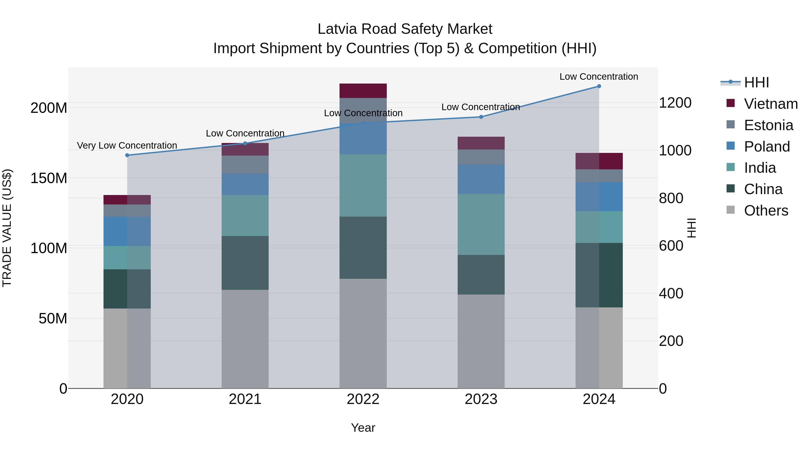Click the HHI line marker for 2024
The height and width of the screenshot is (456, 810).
[599, 86]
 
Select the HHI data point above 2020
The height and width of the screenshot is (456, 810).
[127, 155]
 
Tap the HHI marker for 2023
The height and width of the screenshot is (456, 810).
[481, 117]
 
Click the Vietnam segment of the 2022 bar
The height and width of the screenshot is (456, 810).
[363, 91]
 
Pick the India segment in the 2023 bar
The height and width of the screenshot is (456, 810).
[481, 224]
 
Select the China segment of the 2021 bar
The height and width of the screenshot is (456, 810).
[245, 263]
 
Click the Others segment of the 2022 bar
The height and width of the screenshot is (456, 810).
[363, 333]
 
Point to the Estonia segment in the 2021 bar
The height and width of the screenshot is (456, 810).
[245, 165]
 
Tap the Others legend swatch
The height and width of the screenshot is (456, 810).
[730, 210]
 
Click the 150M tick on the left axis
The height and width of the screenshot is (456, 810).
[49, 178]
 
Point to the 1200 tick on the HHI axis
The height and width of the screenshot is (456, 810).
[675, 103]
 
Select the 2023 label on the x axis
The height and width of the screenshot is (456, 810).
[481, 399]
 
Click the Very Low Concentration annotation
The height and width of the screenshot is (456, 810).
[127, 145]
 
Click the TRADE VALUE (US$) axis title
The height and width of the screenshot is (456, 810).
[7, 228]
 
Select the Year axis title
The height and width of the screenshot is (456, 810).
[363, 428]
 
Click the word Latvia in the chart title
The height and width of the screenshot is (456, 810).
[337, 29]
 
